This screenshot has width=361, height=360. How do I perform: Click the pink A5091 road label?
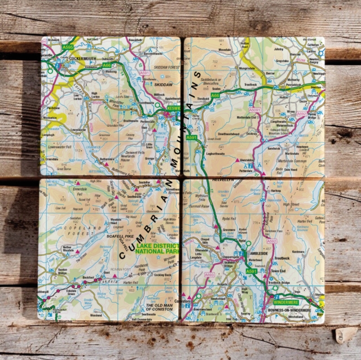click(x=256, y=110)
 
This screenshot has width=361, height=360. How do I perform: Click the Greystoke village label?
click(x=282, y=60)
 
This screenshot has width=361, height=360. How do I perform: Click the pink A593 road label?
click(x=209, y=274)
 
